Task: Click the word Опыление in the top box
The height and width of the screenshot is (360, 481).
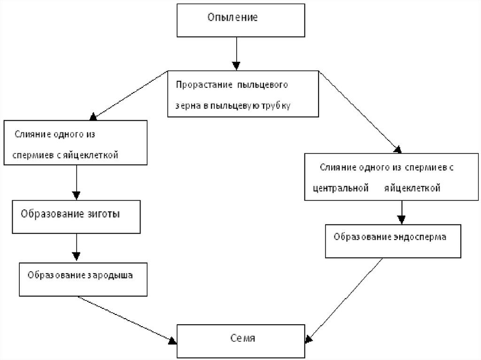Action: (x=233, y=17)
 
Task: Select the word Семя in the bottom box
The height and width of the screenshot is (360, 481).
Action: (x=243, y=338)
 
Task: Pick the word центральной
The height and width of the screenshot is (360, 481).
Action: (x=341, y=188)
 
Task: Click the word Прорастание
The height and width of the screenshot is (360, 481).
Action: (x=204, y=85)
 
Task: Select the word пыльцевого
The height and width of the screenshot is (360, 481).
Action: (x=262, y=85)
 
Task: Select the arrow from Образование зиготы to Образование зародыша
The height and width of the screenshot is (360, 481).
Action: (x=77, y=247)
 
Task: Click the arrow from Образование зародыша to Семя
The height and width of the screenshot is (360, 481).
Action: (x=127, y=320)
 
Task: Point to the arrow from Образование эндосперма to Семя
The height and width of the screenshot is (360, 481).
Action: (x=344, y=300)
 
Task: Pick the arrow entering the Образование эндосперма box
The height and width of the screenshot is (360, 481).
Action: (x=402, y=212)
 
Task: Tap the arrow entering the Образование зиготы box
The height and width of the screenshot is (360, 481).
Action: (x=77, y=182)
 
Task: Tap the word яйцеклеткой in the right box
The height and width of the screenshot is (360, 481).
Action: (x=412, y=188)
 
